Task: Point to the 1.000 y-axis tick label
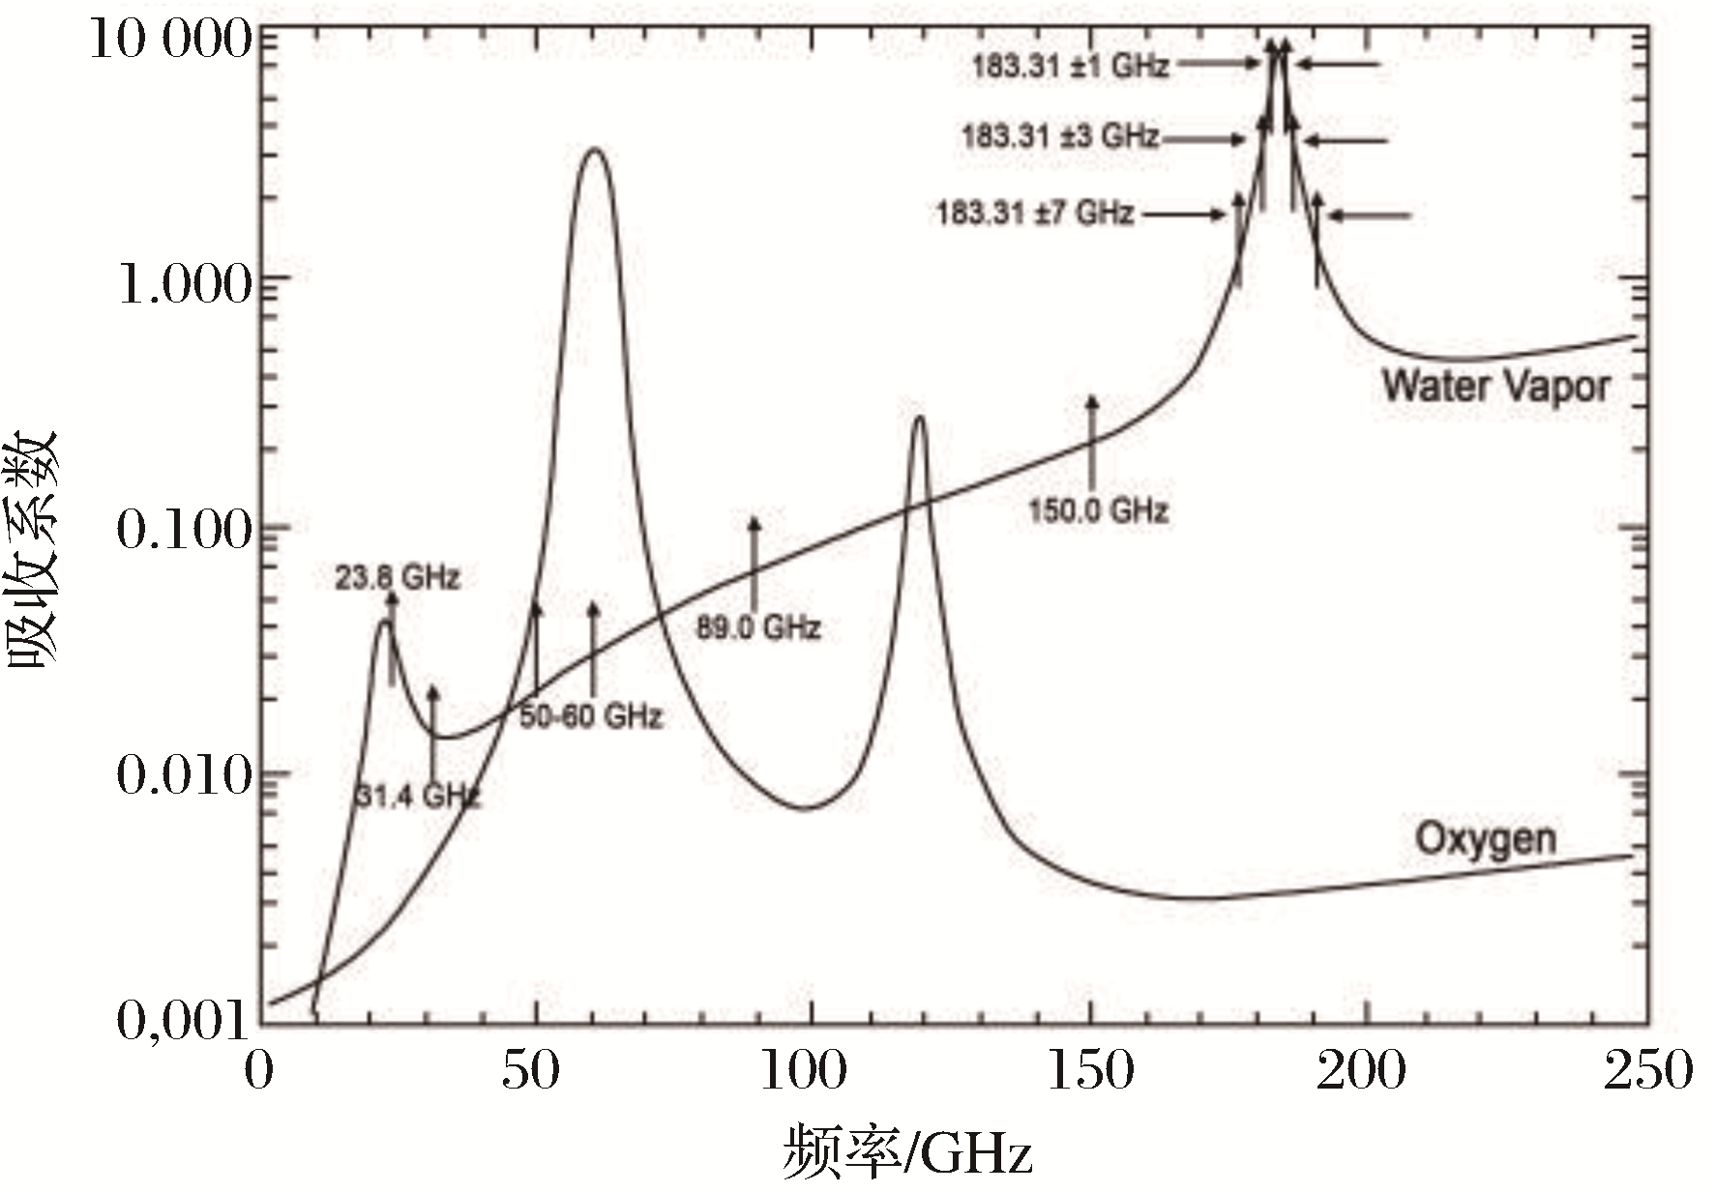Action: point(184,284)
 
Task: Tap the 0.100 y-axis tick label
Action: point(184,529)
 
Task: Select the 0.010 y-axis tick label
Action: point(184,775)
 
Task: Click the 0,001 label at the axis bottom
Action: point(182,1020)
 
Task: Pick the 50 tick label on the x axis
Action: point(531,1071)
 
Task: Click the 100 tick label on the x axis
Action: point(804,1071)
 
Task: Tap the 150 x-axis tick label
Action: point(1090,1071)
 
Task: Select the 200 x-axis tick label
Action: point(1361,1071)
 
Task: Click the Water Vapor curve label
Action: point(1495,386)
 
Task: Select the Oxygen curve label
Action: point(1486,838)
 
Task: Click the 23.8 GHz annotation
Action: point(398,578)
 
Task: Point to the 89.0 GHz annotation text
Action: point(758,628)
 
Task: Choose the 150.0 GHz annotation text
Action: point(1098,509)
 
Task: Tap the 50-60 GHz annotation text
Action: point(591,716)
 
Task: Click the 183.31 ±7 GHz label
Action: point(1034,212)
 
